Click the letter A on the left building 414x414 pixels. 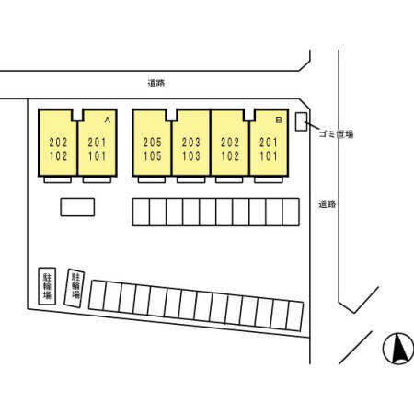point(108,120)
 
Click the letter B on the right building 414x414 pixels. point(279,120)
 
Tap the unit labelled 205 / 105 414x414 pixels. point(152,143)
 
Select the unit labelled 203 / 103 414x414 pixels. point(191,143)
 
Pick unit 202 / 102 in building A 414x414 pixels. point(58,143)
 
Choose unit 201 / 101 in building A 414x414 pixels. point(98,143)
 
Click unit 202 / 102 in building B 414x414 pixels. point(230,143)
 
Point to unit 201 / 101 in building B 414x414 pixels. point(269,143)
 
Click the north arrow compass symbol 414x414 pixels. point(398,349)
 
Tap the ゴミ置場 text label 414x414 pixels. point(337,134)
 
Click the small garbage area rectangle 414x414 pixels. point(301,121)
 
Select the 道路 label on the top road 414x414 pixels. point(156,83)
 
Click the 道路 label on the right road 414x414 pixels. point(328,204)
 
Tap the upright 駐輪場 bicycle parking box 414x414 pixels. point(47,286)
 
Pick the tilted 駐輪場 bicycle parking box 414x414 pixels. point(75,288)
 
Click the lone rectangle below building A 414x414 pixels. point(77,207)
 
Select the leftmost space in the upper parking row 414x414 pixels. point(141,212)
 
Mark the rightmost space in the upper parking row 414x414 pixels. point(291,212)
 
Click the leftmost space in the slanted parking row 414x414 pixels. point(98,295)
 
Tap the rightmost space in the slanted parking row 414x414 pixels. point(294,316)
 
